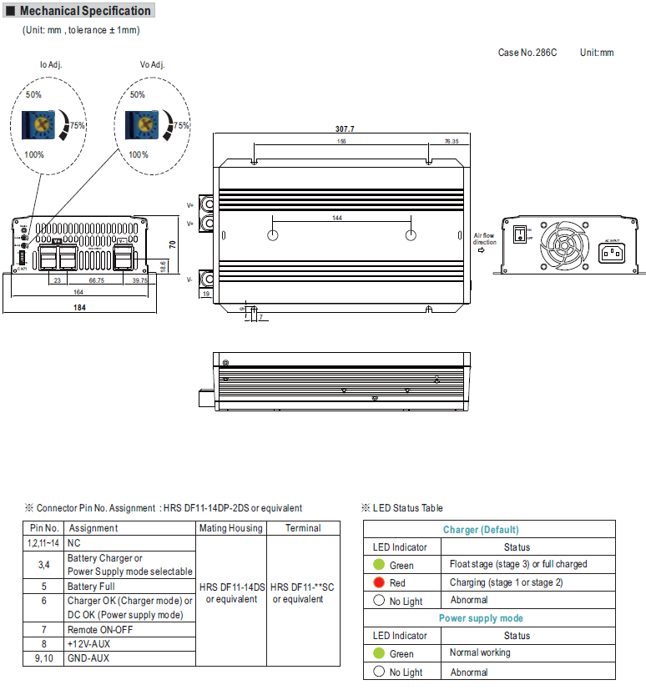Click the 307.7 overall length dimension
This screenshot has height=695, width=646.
[345, 129]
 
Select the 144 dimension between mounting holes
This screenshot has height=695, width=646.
[337, 218]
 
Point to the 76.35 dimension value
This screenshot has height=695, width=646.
[452, 142]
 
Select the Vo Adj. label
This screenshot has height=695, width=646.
[153, 64]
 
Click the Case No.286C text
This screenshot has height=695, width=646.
[527, 53]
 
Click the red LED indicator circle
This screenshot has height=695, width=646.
[379, 582]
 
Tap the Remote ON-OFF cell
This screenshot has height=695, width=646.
[101, 630]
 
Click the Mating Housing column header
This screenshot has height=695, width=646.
[230, 528]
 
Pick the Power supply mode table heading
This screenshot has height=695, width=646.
[481, 618]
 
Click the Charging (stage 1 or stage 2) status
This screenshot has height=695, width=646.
[506, 582]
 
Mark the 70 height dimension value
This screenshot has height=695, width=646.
[172, 244]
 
